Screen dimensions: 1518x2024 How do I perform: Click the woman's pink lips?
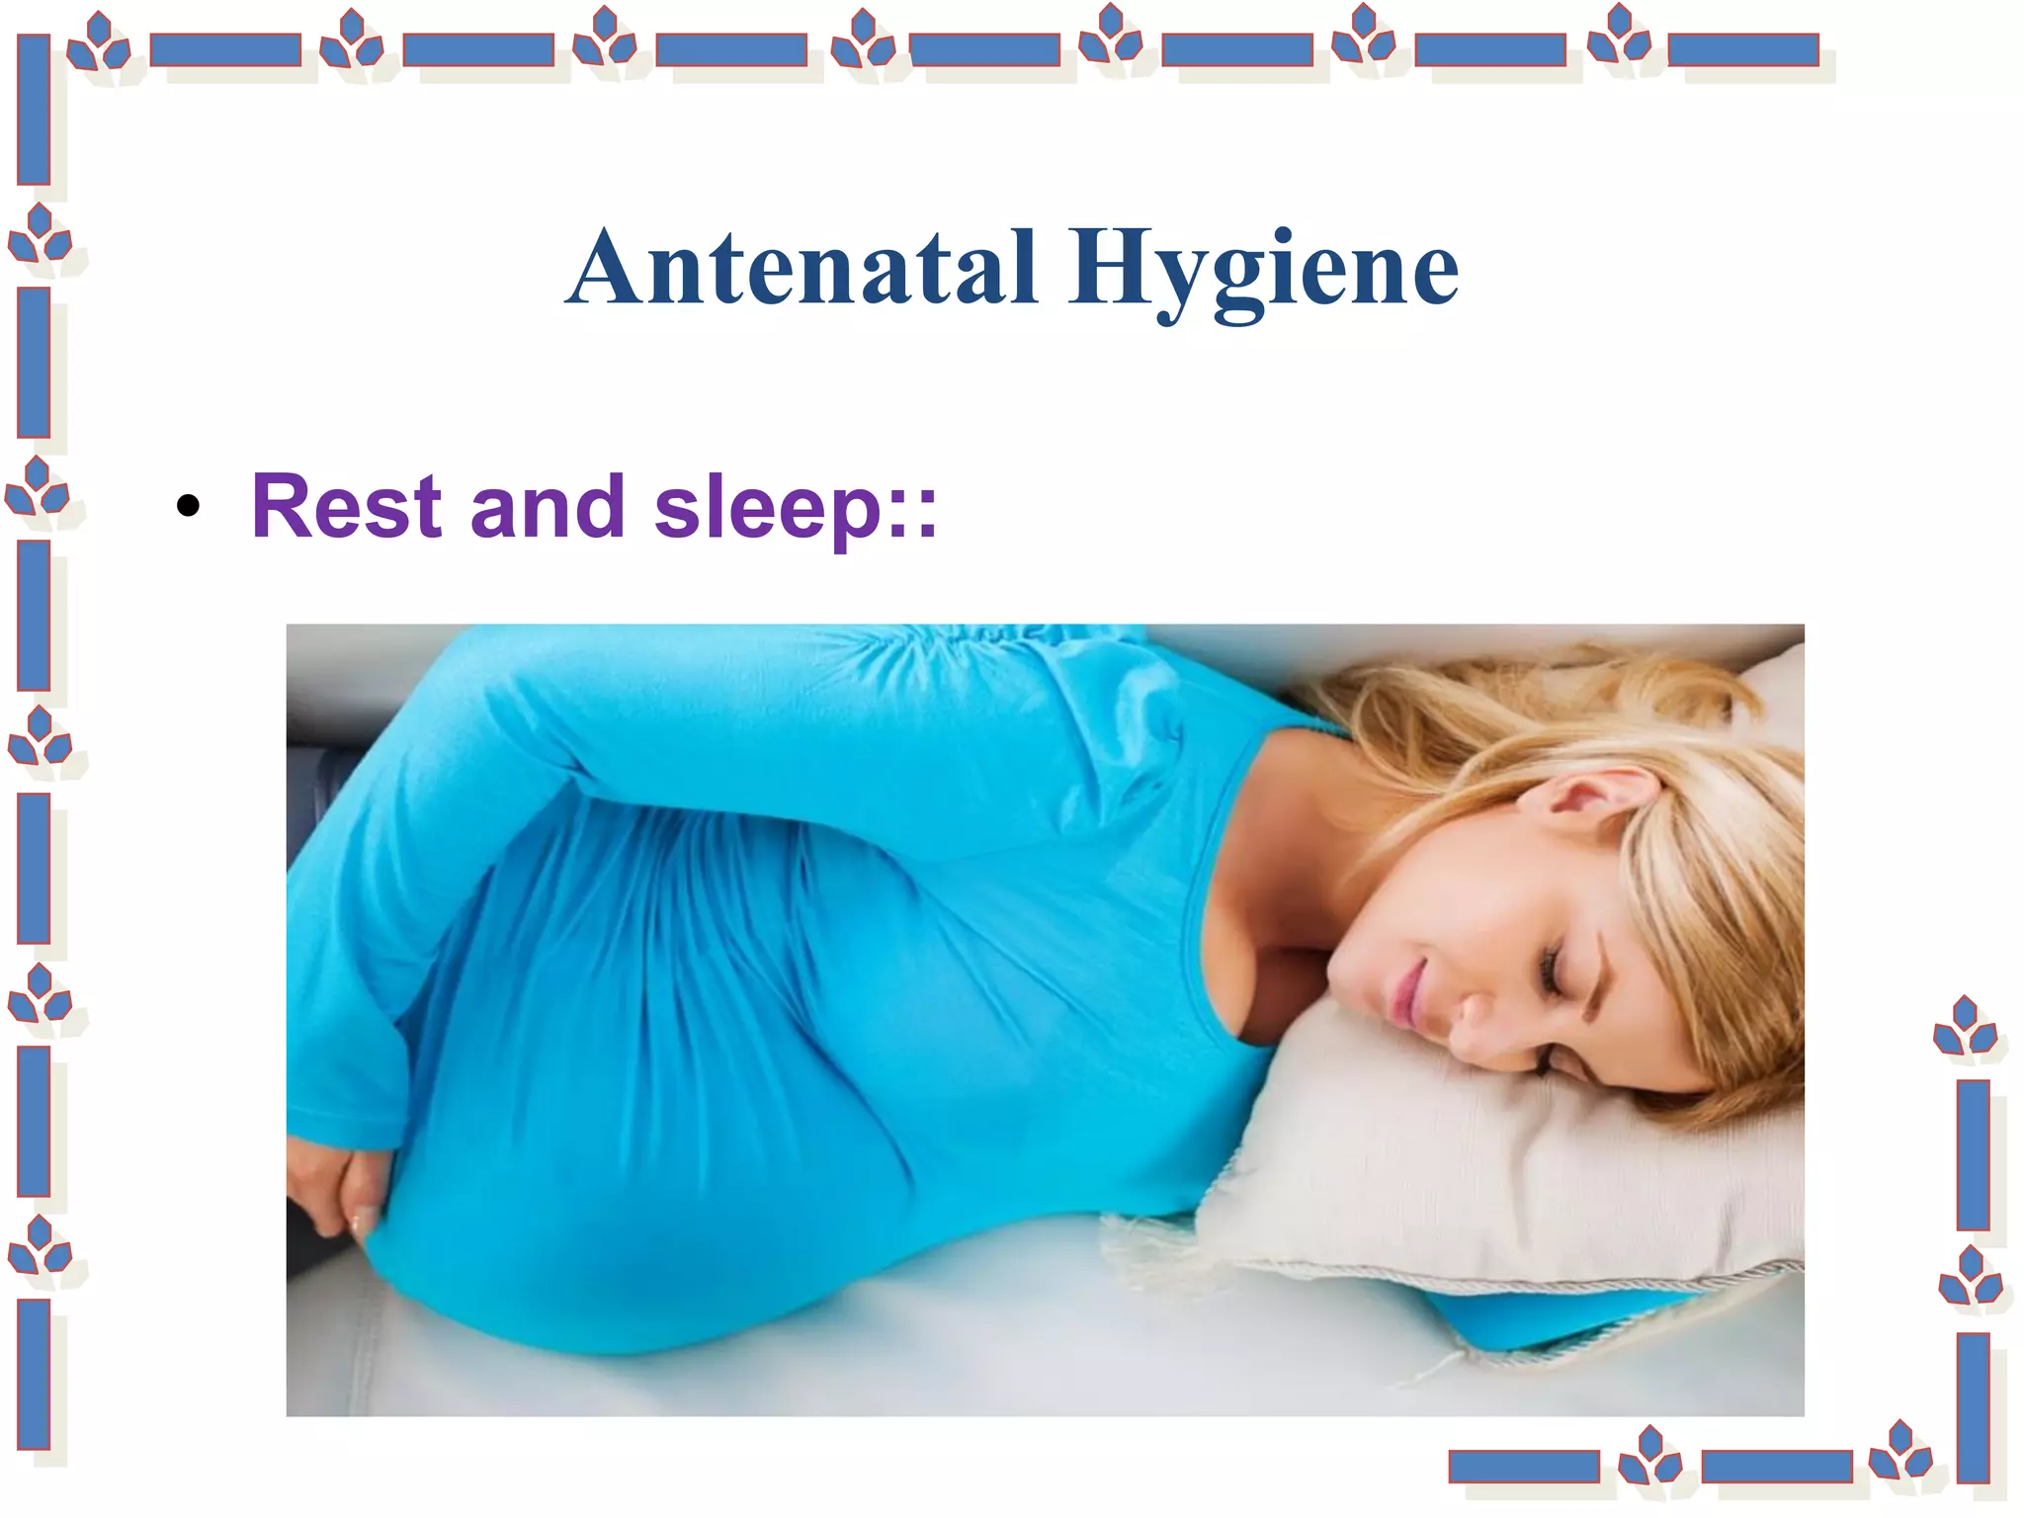point(1405,993)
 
